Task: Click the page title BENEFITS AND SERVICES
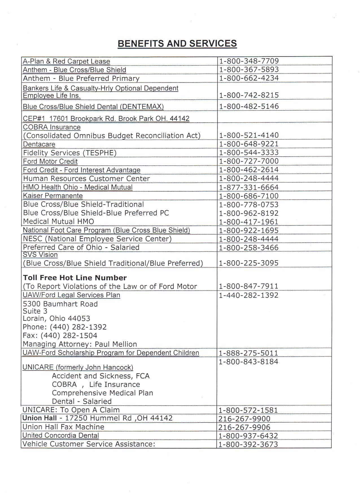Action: (x=177, y=44)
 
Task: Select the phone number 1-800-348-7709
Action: (x=249, y=61)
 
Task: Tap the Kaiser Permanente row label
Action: (x=53, y=196)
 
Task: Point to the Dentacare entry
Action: (x=39, y=144)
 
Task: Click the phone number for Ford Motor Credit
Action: (x=249, y=161)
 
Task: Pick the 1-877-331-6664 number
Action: (x=249, y=187)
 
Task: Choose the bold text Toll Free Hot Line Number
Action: (x=75, y=278)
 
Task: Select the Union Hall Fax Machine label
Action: (x=63, y=427)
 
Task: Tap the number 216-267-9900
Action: (x=244, y=419)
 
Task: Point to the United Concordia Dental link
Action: (x=61, y=436)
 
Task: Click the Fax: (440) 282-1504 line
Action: (x=60, y=335)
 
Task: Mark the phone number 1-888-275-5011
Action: (x=248, y=353)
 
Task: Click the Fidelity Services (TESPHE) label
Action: (x=70, y=153)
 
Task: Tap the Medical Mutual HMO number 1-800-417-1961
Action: (x=249, y=222)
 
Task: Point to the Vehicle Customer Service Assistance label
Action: (x=89, y=444)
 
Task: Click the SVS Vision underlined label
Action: (x=40, y=255)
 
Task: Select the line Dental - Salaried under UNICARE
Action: (x=82, y=401)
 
